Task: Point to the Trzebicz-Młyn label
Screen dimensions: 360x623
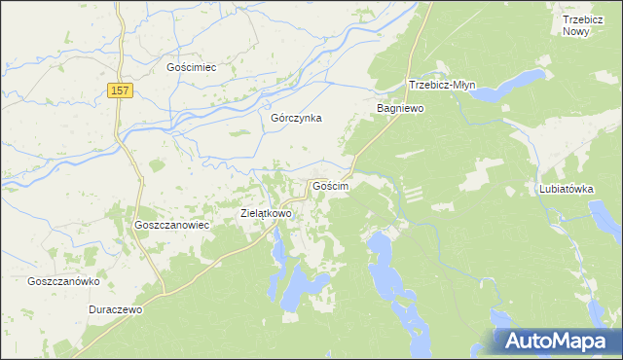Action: pyautogui.click(x=440, y=85)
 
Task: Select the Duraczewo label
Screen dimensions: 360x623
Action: pyautogui.click(x=115, y=309)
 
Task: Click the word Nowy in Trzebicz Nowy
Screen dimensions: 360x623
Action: pyautogui.click(x=576, y=32)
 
